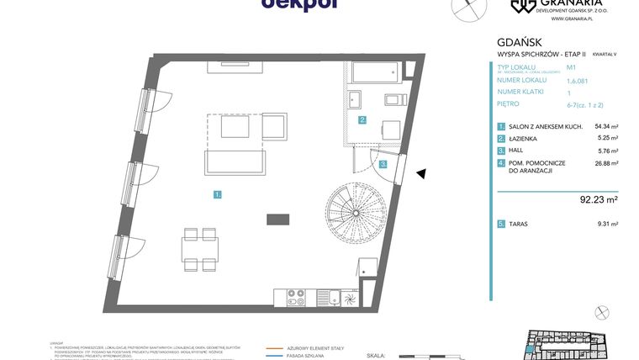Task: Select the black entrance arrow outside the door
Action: [x=422, y=173]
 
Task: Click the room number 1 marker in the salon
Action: [x=217, y=194]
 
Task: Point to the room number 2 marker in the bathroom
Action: [x=362, y=120]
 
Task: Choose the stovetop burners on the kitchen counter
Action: [x=296, y=296]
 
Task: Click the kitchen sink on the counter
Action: [x=334, y=296]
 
